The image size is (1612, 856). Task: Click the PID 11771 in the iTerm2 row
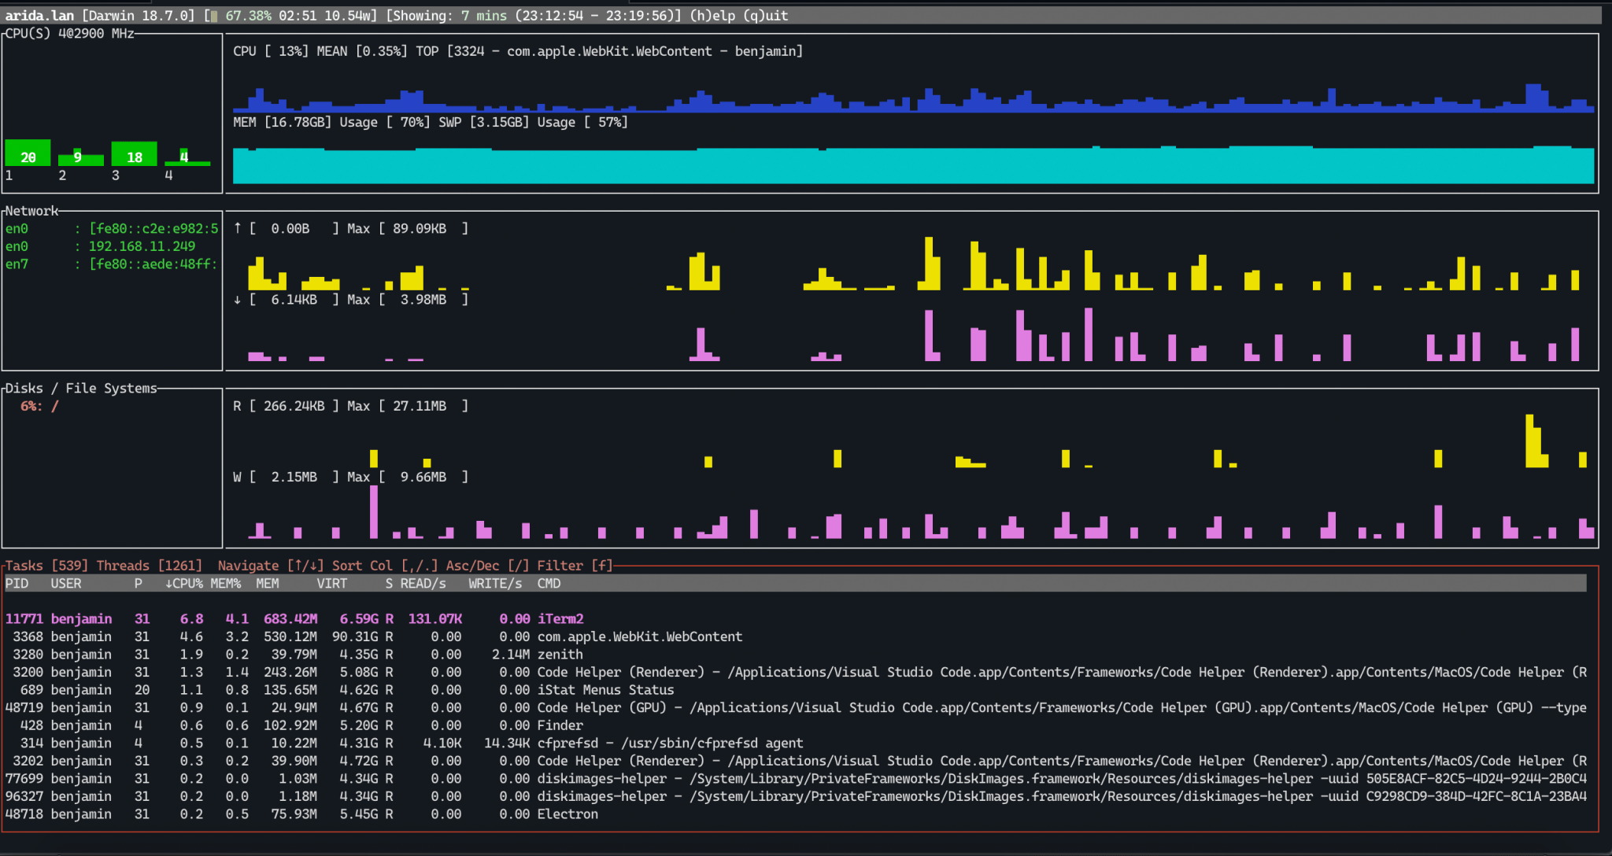click(24, 619)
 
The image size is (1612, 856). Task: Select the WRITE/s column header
click(494, 584)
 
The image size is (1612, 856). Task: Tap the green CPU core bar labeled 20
click(28, 153)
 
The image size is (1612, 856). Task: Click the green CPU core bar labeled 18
click(134, 154)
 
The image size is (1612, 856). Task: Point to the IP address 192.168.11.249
click(142, 246)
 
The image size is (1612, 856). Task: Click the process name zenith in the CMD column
click(560, 655)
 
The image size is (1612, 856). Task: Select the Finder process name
click(560, 725)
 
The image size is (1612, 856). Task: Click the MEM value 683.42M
click(290, 619)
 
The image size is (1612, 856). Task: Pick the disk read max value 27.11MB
click(420, 406)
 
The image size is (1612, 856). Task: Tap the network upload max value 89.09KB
click(420, 229)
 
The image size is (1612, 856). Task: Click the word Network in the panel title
click(31, 211)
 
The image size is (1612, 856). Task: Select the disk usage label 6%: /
click(39, 406)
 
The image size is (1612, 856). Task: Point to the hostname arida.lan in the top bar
click(39, 16)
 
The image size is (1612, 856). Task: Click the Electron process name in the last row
click(567, 814)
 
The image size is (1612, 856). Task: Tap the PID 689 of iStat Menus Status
click(31, 690)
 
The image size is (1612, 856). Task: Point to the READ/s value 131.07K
click(434, 619)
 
